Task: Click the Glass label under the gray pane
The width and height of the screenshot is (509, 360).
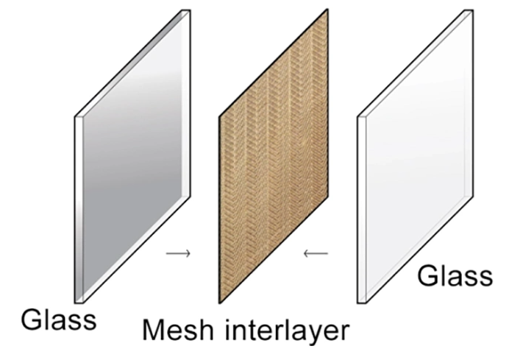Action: click(x=58, y=321)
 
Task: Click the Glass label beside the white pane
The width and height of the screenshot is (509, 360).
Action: click(x=455, y=276)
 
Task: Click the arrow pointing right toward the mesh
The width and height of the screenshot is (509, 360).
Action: click(x=178, y=254)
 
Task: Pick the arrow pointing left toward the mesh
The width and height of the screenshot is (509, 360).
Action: click(x=316, y=254)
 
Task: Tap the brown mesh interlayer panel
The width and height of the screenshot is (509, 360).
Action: click(x=274, y=158)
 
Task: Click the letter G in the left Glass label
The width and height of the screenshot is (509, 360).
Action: click(x=31, y=321)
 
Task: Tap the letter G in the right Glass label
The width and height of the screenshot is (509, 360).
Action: click(x=428, y=276)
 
